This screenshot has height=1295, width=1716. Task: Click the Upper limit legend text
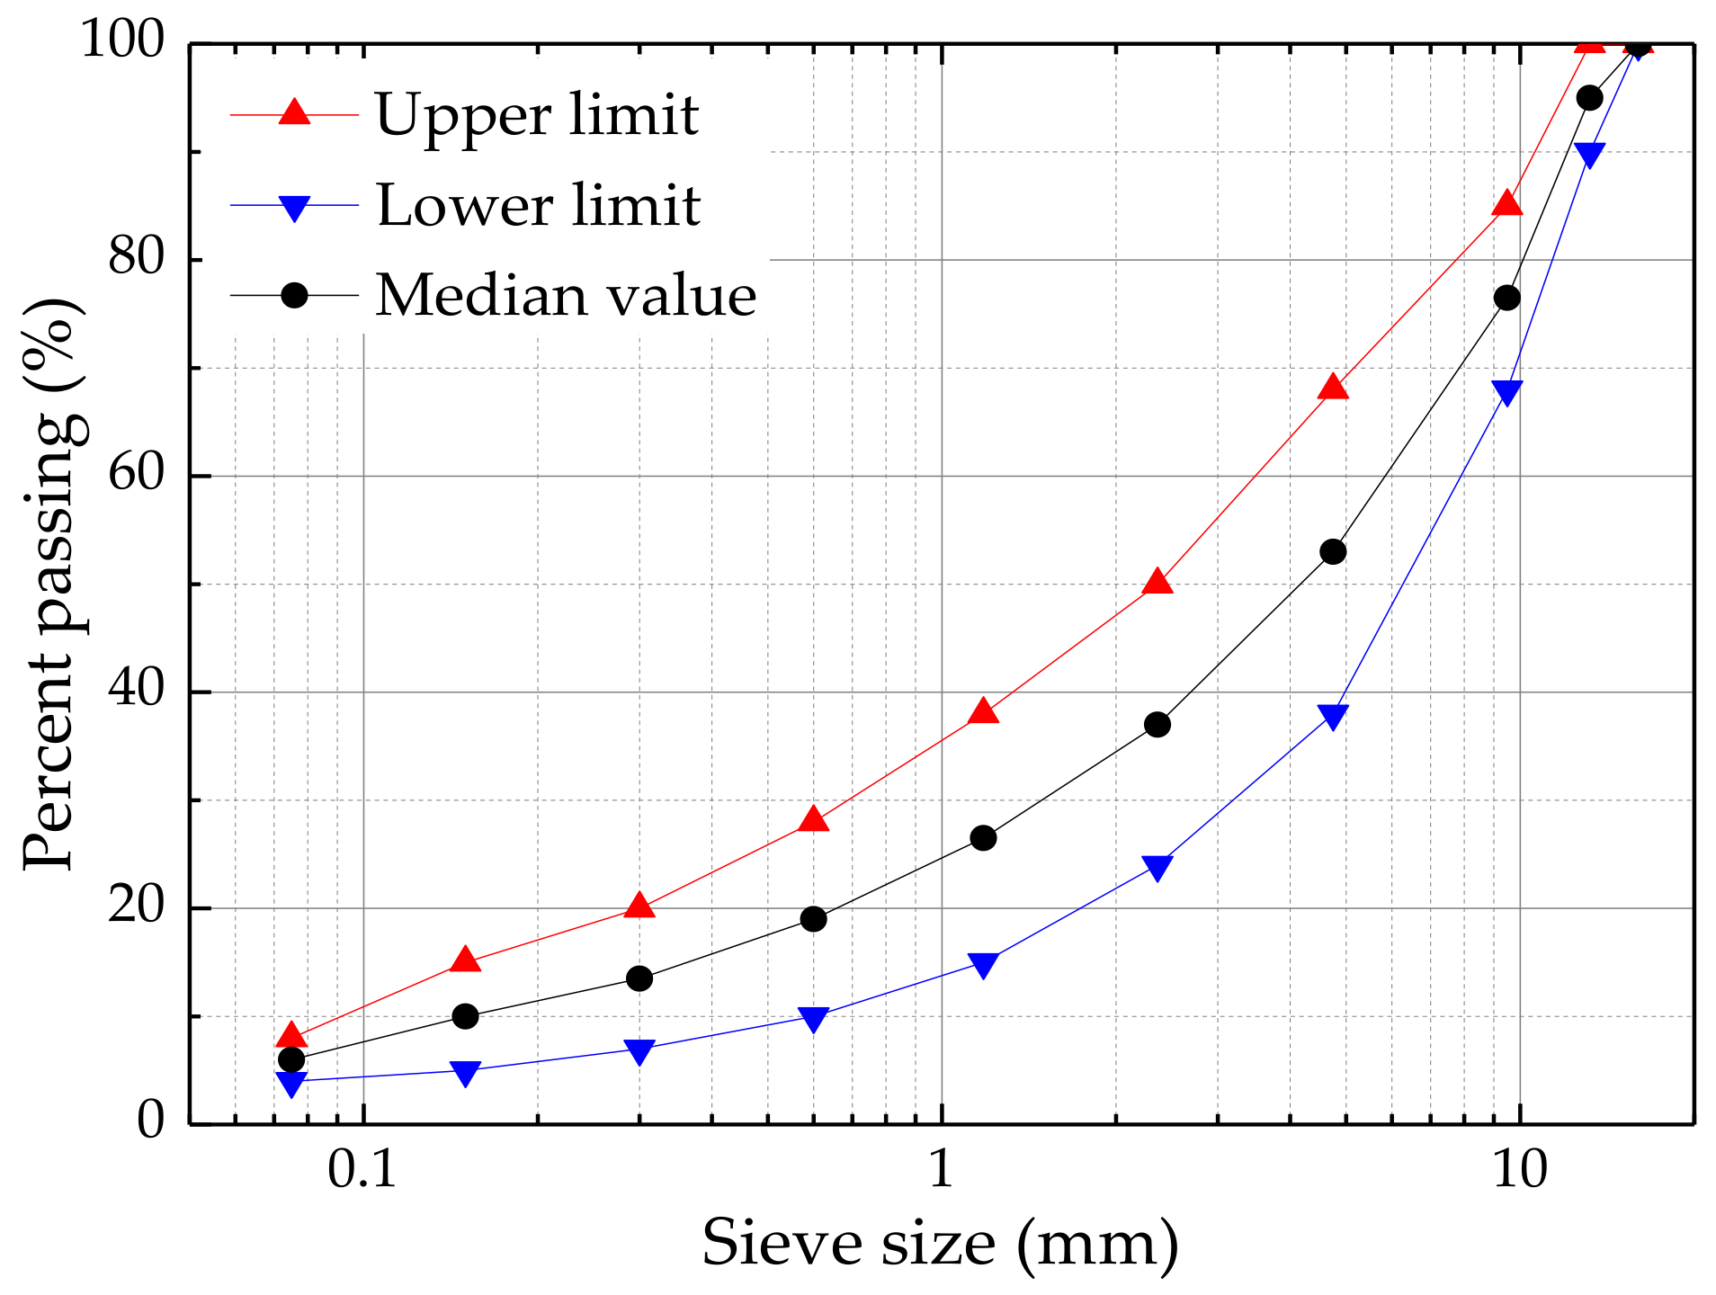tap(536, 116)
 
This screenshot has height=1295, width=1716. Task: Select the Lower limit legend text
tap(538, 206)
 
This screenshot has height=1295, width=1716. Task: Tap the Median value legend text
tap(566, 296)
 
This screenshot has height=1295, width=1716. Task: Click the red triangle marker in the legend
tap(294, 112)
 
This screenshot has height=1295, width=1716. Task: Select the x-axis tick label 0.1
tap(362, 1169)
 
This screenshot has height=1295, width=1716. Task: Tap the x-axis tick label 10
tap(1520, 1169)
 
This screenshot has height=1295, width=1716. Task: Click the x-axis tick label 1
tap(941, 1169)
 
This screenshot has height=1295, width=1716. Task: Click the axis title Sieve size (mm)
tap(940, 1244)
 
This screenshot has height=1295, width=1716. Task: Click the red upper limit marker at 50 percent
tap(1157, 583)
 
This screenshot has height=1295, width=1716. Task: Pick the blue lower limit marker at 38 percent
tap(1333, 716)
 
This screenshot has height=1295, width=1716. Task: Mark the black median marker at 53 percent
tap(1333, 551)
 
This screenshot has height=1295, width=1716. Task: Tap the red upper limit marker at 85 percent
tap(1507, 204)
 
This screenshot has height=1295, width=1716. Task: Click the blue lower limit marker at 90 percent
tap(1589, 155)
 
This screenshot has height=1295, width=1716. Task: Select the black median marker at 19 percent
tap(813, 918)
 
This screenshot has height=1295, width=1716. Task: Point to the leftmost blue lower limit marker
tap(291, 1084)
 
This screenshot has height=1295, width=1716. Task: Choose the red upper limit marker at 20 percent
tap(639, 906)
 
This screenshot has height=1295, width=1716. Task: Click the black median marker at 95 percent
tap(1589, 98)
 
